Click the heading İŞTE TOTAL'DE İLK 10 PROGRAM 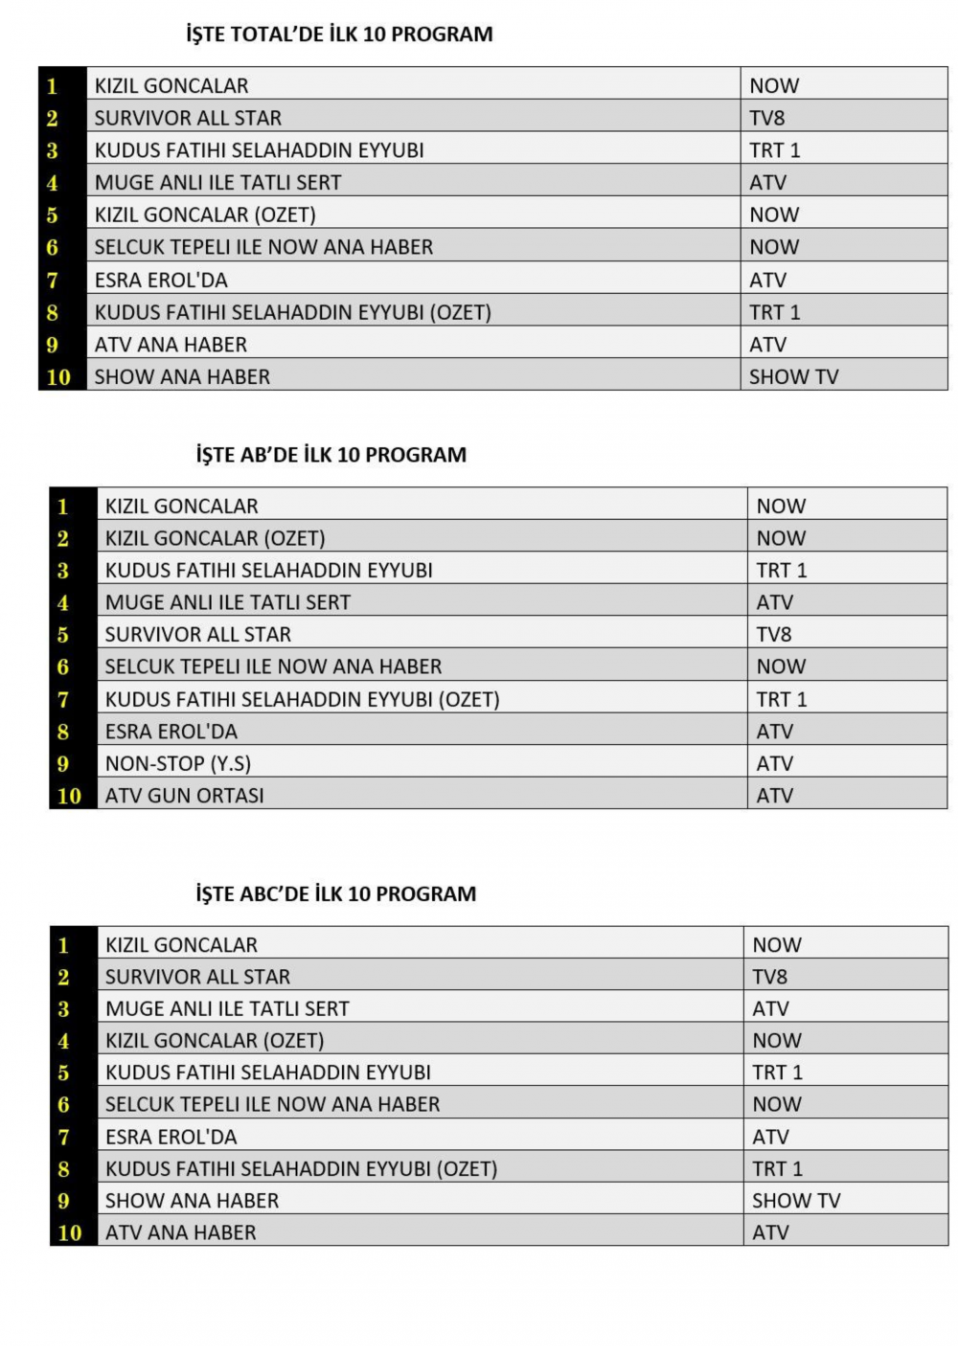tap(339, 34)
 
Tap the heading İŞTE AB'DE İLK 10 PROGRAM tap(331, 455)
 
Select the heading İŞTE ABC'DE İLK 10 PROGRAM tap(336, 894)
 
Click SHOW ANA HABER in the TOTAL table tap(182, 377)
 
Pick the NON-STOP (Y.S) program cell tap(178, 764)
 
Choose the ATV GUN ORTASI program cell tap(185, 796)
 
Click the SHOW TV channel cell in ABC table tap(796, 1201)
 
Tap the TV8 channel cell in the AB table tap(774, 635)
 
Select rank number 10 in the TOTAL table tap(58, 377)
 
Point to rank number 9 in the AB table tap(63, 764)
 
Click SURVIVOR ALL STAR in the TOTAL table tap(188, 119)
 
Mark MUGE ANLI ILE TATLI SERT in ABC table tap(227, 1009)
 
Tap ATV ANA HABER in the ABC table tap(181, 1233)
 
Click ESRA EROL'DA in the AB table tap(171, 732)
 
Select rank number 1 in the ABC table tap(63, 946)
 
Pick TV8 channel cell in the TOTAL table tap(767, 119)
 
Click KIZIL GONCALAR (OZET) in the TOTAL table tap(205, 215)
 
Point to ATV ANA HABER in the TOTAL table tap(171, 345)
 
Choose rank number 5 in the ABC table tap(63, 1073)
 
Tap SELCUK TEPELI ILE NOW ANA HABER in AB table tap(273, 667)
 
